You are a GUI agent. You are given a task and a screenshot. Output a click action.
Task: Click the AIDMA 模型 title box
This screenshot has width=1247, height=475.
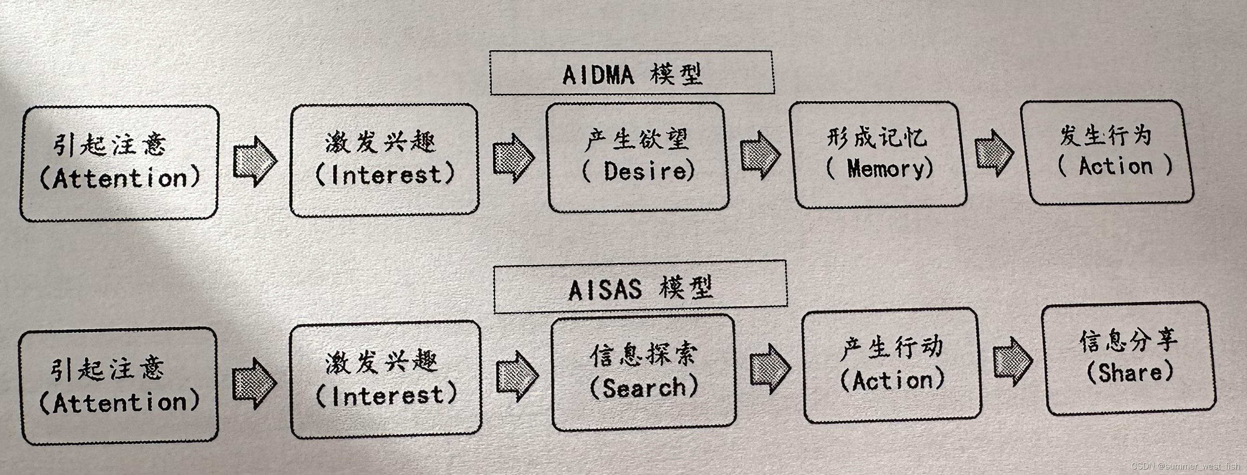631,73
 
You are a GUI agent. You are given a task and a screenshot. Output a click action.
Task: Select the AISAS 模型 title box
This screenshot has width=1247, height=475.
640,287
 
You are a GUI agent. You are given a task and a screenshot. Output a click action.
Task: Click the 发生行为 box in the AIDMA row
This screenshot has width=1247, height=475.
1106,152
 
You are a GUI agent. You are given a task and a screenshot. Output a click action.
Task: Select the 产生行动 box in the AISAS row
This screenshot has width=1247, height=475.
891,365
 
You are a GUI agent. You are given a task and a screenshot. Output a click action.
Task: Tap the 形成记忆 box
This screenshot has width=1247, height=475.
878,155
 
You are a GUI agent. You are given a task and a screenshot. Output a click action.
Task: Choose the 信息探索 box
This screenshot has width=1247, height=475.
643,372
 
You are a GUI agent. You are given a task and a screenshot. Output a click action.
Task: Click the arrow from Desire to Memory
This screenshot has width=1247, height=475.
760,155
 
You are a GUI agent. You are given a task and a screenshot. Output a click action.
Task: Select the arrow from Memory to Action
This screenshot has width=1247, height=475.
994,153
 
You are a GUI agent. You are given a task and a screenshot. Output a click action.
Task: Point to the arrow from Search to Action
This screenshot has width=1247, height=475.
770,369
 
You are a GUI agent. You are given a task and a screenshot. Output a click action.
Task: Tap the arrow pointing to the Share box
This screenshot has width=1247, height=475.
1012,361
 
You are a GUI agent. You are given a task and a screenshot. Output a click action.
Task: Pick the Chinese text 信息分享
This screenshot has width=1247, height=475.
1128,341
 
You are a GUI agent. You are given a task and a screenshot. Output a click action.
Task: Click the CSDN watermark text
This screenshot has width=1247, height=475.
1185,466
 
